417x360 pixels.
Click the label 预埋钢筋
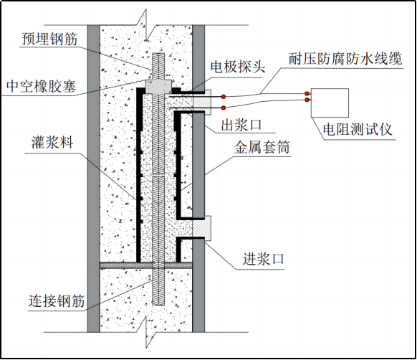[49, 39]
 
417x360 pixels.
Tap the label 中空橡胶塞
[42, 86]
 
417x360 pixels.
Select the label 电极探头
[238, 66]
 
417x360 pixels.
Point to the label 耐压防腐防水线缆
[345, 59]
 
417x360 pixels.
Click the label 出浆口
[241, 125]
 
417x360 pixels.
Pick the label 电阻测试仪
[358, 130]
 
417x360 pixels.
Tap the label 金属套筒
[262, 147]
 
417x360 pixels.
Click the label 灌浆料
[52, 142]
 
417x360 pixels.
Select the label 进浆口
[263, 259]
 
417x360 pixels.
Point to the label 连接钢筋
[57, 301]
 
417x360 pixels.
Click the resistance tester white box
[330, 103]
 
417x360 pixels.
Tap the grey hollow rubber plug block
[158, 86]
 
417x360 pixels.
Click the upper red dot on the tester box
[307, 93]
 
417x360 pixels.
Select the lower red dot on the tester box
[307, 100]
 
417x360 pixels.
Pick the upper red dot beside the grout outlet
[224, 96]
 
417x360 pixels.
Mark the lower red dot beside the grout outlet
[224, 108]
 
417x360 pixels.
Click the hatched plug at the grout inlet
[201, 228]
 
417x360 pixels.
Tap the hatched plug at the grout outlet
[201, 103]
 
